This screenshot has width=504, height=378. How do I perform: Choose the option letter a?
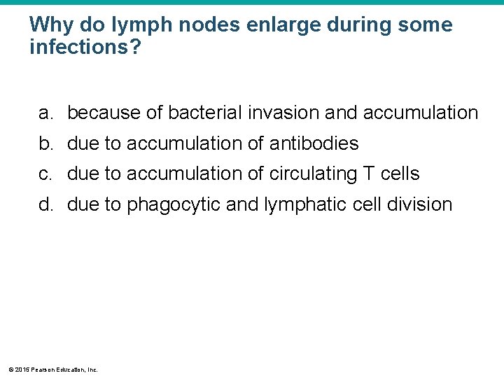pyautogui.click(x=45, y=113)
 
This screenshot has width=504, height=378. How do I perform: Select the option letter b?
pyautogui.click(x=45, y=143)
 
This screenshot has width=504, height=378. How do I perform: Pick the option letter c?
pyautogui.click(x=45, y=174)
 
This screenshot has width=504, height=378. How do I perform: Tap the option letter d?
pyautogui.click(x=45, y=205)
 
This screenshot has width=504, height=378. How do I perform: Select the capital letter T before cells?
pyautogui.click(x=368, y=174)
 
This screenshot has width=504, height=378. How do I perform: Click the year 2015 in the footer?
pyautogui.click(x=20, y=369)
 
